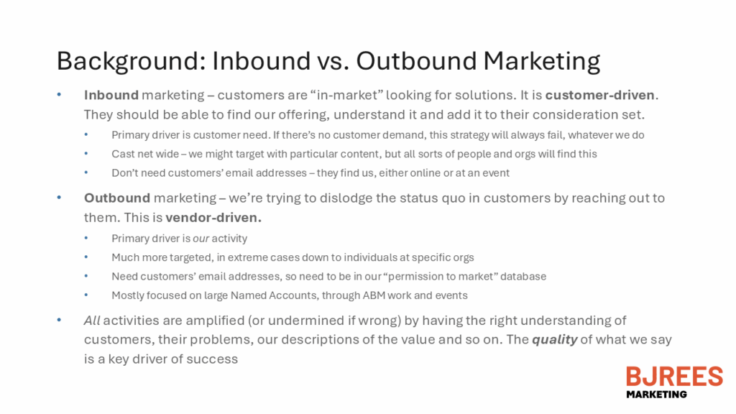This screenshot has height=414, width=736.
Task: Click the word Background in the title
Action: click(x=131, y=62)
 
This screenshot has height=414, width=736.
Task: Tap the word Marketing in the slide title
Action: click(x=542, y=62)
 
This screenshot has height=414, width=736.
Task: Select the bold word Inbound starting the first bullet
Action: click(x=111, y=96)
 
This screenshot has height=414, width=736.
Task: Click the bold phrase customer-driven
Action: click(x=600, y=96)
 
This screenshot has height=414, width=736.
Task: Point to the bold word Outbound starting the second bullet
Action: click(x=117, y=198)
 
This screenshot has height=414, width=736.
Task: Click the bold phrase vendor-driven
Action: click(x=213, y=218)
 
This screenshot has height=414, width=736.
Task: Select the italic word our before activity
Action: click(x=201, y=239)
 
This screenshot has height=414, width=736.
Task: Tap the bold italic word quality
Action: click(x=554, y=340)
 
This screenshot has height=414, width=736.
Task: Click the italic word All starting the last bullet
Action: click(x=92, y=321)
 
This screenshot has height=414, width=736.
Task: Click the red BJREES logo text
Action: click(x=674, y=377)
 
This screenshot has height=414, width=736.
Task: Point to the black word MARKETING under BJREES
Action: click(x=656, y=395)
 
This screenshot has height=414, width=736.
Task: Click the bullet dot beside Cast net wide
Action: click(x=86, y=154)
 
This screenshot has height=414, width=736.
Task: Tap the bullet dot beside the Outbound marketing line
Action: click(x=59, y=198)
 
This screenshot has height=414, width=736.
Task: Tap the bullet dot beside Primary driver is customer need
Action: click(x=86, y=134)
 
